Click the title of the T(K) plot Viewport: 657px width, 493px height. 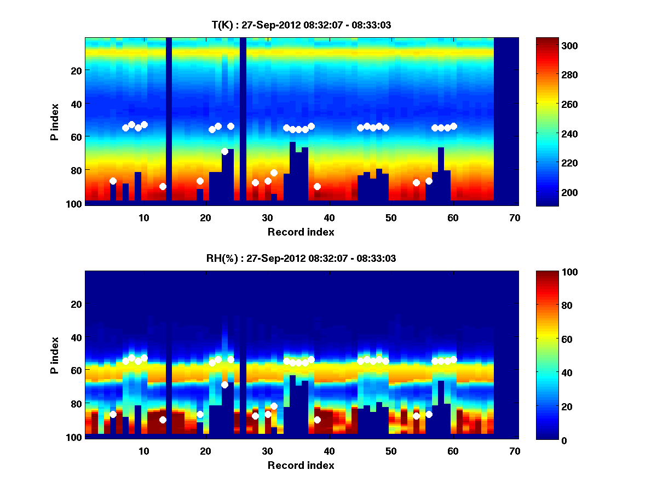click(301, 25)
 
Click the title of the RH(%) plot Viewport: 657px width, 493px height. click(301, 258)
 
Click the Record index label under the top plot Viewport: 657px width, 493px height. click(301, 232)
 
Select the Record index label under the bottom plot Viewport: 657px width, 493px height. click(301, 465)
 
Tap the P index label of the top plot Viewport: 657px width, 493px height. click(55, 122)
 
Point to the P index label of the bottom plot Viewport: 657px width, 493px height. click(55, 355)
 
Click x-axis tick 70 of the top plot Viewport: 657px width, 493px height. click(515, 217)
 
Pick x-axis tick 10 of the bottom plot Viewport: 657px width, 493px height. click(143, 451)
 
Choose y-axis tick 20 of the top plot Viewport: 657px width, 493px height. click(76, 70)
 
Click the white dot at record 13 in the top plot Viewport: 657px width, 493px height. click(163, 186)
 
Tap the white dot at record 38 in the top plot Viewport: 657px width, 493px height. click(317, 186)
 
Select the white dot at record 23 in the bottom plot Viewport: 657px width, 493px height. click(224, 385)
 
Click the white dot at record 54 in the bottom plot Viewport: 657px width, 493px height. click(416, 416)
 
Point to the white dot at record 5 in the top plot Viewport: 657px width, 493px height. click(113, 181)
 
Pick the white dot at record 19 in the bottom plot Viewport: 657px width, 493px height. click(200, 414)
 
